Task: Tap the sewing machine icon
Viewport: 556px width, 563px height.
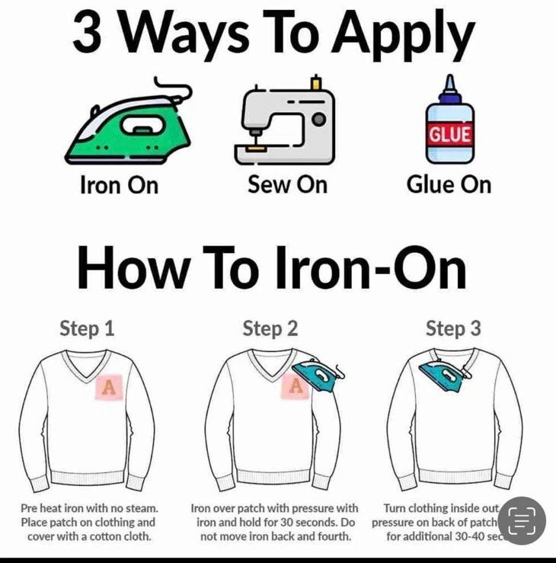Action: coord(283,124)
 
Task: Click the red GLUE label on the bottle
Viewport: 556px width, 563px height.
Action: coord(449,135)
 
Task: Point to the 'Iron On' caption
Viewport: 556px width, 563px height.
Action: coord(119,185)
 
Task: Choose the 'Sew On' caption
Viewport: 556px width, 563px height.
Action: coord(287,184)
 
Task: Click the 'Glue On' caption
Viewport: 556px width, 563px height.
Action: coord(449,184)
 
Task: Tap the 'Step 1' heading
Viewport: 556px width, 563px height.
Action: coord(87,328)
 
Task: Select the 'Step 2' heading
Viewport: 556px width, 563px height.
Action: coord(270,328)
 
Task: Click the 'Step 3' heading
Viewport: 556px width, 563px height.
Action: coord(453,328)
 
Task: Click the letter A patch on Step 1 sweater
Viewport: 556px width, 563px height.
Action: coord(109,387)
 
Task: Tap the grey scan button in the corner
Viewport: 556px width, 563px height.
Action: coord(522,520)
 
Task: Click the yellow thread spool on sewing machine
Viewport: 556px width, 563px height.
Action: coord(315,82)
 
